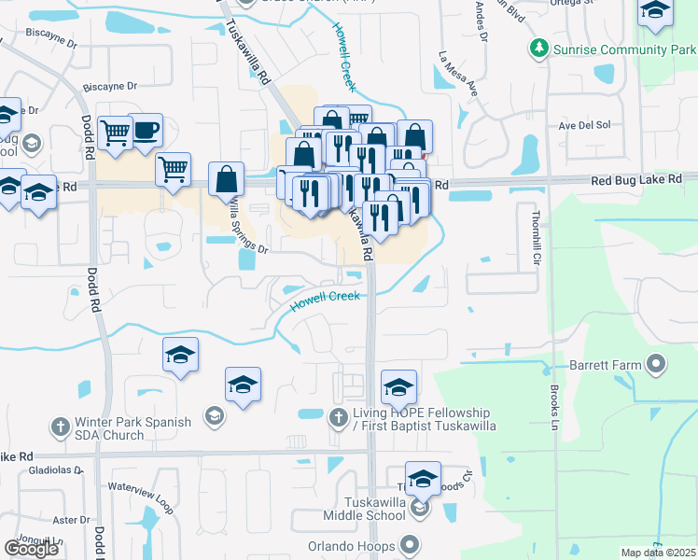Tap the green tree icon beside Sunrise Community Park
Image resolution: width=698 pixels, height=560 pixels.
[538, 47]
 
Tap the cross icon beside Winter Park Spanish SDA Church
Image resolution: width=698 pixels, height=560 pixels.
[59, 427]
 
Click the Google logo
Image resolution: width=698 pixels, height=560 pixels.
[32, 548]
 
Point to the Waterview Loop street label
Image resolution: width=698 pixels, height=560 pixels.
[141, 495]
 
